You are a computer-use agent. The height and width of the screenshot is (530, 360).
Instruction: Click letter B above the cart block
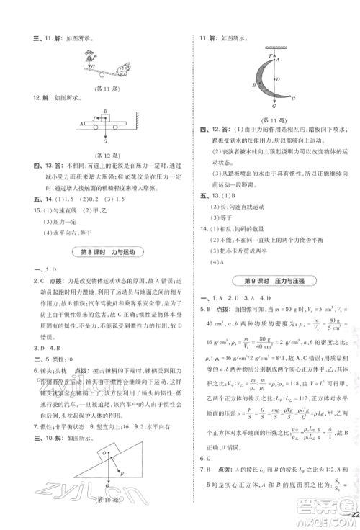[106, 112]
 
